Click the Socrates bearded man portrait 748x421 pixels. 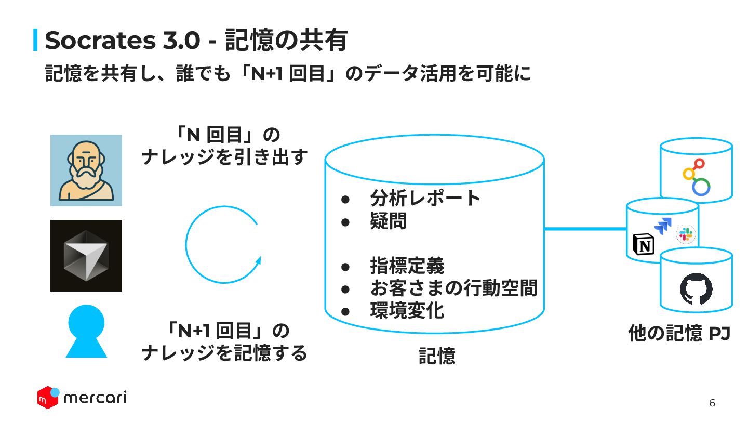click(86, 170)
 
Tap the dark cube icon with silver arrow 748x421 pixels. click(86, 256)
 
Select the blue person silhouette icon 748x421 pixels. click(86, 331)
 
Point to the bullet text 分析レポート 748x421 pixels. click(425, 198)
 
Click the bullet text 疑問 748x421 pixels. click(388, 222)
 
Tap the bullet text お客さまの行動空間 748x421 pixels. click(453, 288)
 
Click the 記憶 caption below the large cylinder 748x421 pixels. click(437, 356)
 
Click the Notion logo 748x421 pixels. click(644, 244)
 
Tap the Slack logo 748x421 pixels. click(686, 235)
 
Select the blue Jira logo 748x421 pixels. click(663, 226)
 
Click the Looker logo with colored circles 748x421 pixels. click(697, 177)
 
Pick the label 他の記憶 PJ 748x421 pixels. click(679, 333)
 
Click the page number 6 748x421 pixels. click(712, 403)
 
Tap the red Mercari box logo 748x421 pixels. click(48, 397)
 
